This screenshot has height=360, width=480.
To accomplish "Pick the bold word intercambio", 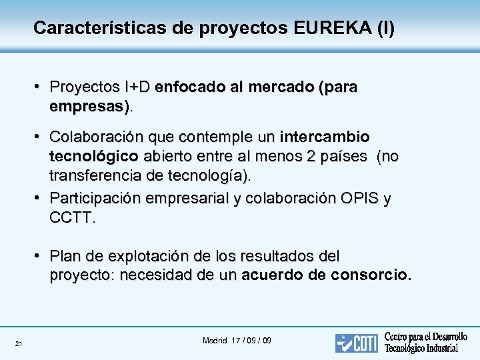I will point(325,137).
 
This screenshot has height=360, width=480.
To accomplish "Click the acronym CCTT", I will point(71,217).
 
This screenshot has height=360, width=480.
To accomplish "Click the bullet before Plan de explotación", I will point(39,256).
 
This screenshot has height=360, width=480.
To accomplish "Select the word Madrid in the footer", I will point(215,341).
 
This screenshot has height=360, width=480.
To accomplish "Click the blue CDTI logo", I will point(357,342).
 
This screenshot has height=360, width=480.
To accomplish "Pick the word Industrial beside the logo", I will point(436,348).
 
